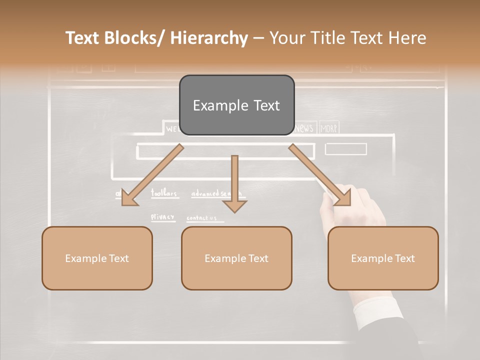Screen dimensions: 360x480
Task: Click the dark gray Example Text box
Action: click(x=236, y=105)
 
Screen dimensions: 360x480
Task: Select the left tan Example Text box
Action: click(x=97, y=258)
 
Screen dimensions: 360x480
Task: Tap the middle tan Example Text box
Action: click(x=236, y=258)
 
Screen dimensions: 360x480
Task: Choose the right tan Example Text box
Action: click(x=383, y=258)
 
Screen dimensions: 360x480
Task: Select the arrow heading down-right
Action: click(x=320, y=174)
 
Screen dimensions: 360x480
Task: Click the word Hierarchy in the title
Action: click(x=209, y=38)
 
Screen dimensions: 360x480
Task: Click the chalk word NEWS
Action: click(x=304, y=128)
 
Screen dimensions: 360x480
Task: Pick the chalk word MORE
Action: click(x=329, y=128)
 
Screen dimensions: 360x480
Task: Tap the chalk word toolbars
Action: click(x=164, y=192)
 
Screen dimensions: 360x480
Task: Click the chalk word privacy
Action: click(x=163, y=217)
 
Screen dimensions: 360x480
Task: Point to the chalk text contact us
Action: click(x=201, y=218)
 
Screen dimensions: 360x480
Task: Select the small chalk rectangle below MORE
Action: click(x=345, y=149)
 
